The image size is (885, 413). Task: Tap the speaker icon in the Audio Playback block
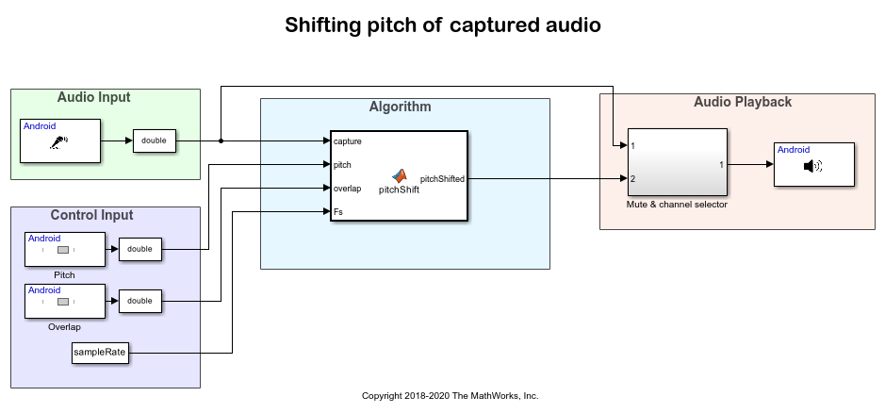pyautogui.click(x=812, y=166)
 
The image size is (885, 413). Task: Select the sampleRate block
pyautogui.click(x=100, y=354)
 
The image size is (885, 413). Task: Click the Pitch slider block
pyautogui.click(x=64, y=250)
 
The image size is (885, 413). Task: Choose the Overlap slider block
pyautogui.click(x=64, y=302)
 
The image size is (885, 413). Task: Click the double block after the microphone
pyautogui.click(x=154, y=140)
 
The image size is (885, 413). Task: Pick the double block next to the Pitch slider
pyautogui.click(x=139, y=250)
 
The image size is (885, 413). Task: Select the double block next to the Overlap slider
pyautogui.click(x=139, y=302)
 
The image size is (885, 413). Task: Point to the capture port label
pyautogui.click(x=348, y=141)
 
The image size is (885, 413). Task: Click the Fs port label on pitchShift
pyautogui.click(x=338, y=212)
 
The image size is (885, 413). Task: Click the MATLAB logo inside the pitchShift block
pyautogui.click(x=401, y=175)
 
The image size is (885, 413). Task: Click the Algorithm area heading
pyautogui.click(x=400, y=107)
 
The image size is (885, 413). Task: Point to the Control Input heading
pyautogui.click(x=91, y=216)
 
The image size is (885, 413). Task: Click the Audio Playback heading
pyautogui.click(x=743, y=102)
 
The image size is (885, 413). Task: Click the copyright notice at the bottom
pyautogui.click(x=450, y=396)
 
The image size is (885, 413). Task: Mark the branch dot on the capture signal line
pyautogui.click(x=221, y=141)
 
